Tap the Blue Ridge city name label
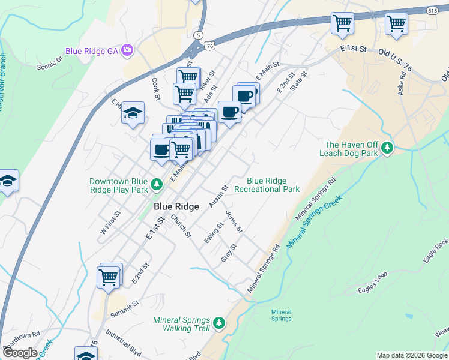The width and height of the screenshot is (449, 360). tap(176, 206)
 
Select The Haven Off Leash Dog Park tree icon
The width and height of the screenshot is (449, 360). tap(388, 148)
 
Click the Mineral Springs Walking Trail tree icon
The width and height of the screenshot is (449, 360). tap(219, 323)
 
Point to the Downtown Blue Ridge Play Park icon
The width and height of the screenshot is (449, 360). tap(157, 184)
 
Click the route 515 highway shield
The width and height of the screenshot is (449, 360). tap(432, 11)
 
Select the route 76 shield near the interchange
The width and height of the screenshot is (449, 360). tap(209, 46)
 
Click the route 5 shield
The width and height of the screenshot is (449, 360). tap(199, 35)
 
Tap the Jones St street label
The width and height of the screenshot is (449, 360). tap(234, 222)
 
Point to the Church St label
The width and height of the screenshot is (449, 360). tap(180, 226)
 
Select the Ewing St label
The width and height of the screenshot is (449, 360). tap(210, 233)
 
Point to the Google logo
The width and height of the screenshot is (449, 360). tap(20, 353)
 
